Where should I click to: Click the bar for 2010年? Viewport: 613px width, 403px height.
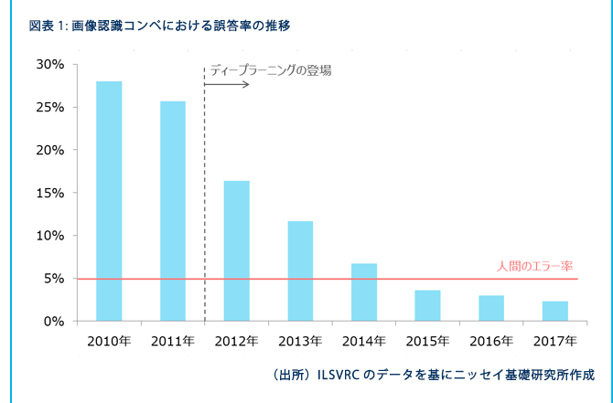coord(109,201)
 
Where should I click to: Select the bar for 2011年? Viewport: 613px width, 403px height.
coord(173,211)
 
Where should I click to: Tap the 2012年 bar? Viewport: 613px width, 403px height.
coord(237,251)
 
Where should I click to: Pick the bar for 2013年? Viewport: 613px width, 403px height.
coord(300,271)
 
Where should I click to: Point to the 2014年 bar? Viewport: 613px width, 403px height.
coord(364,292)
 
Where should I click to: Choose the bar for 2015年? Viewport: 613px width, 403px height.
coord(427,306)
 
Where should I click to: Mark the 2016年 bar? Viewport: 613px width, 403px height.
coord(491,308)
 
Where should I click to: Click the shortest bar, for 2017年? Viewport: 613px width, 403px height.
coord(555,312)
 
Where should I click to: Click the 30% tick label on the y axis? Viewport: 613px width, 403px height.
coord(50,65)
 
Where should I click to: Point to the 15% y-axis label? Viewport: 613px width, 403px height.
coord(50,193)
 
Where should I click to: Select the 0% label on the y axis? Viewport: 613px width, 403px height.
coord(54,322)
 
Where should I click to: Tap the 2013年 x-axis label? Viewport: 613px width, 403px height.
coord(300,342)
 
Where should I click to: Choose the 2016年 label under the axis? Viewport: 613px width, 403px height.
coord(491,342)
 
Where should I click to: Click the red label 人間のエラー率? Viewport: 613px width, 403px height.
coord(535,267)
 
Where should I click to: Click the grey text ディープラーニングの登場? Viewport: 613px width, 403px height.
coord(271,70)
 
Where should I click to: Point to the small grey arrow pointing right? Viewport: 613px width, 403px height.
coord(227,84)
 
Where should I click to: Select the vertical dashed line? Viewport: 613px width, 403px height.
coord(204,194)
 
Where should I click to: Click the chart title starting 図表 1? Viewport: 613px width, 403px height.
coord(160,27)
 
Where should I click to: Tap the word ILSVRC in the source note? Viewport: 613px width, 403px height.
coord(339,376)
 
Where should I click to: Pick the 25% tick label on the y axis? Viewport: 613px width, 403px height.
coord(50,108)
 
